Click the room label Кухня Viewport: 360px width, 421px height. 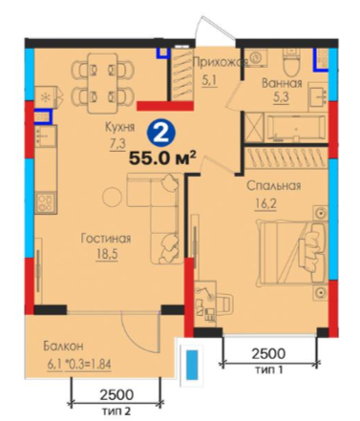[120, 127]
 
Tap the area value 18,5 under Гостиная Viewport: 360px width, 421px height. [107, 255]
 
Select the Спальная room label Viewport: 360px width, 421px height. [274, 185]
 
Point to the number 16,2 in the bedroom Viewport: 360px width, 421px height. [265, 203]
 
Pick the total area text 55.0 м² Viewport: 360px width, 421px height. [161, 158]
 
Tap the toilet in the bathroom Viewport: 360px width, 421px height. [291, 62]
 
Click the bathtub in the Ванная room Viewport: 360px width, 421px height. [295, 128]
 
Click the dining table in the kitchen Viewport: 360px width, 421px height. [102, 83]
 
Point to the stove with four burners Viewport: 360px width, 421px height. [46, 203]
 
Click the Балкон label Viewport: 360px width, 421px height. [64, 346]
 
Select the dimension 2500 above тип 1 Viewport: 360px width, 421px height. [268, 353]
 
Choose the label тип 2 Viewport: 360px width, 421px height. [116, 411]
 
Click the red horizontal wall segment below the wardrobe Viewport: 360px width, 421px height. [165, 106]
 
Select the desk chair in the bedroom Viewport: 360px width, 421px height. [224, 304]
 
